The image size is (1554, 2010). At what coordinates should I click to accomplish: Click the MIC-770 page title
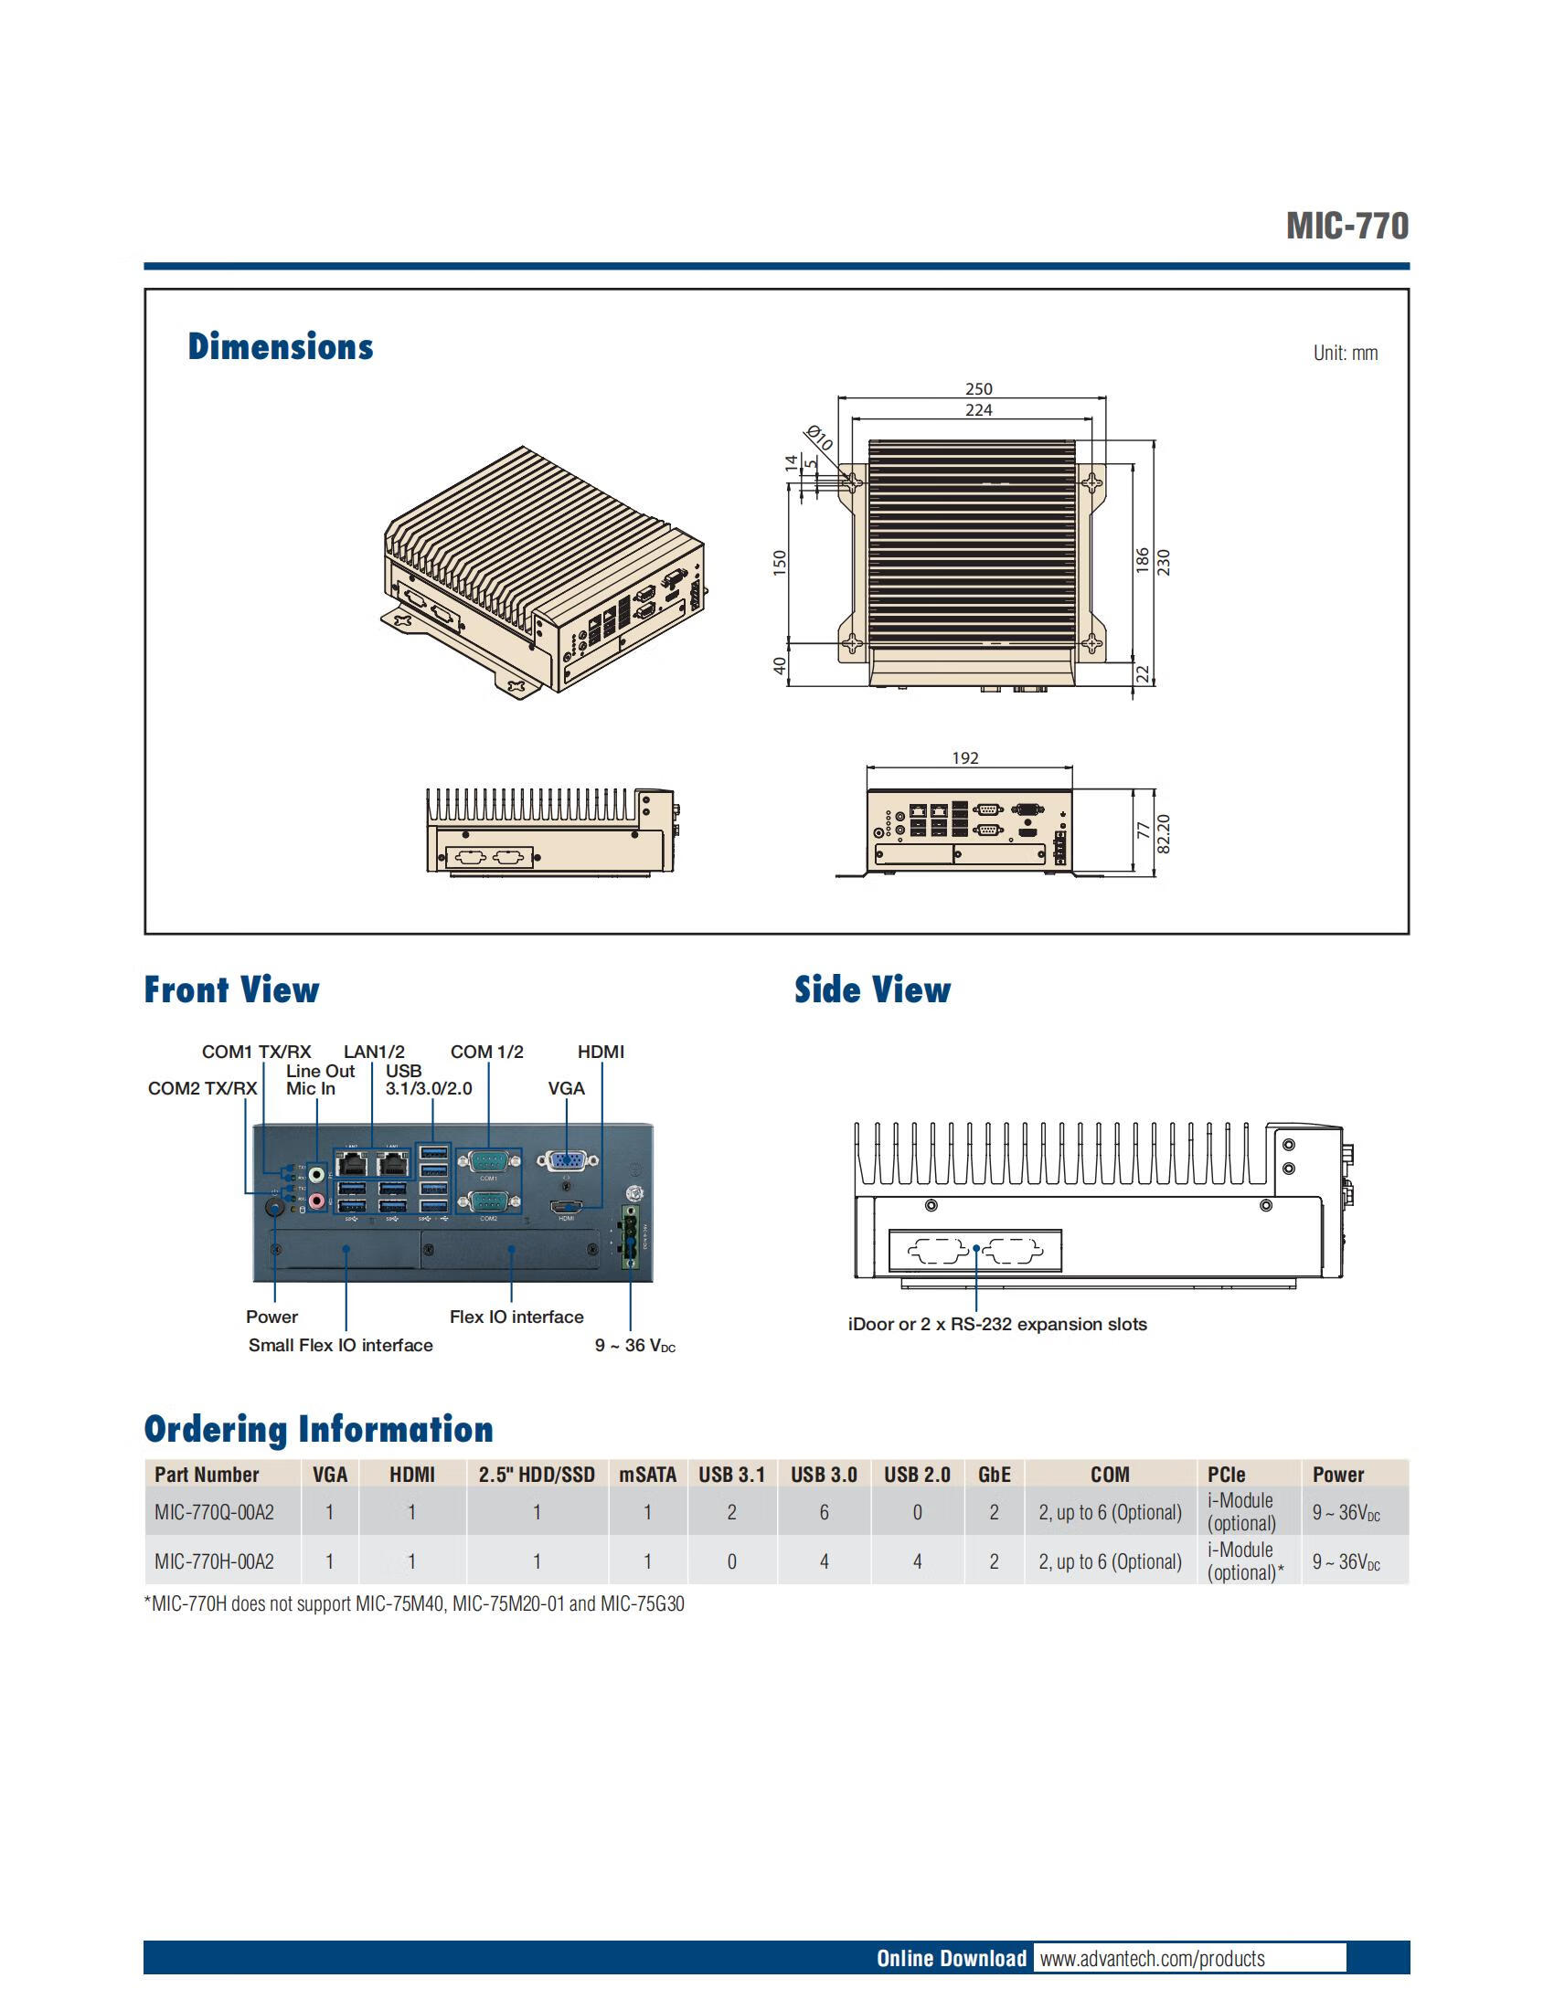click(x=1346, y=226)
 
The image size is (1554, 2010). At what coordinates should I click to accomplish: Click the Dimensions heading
click(x=281, y=347)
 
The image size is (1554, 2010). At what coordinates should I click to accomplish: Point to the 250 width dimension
click(x=979, y=389)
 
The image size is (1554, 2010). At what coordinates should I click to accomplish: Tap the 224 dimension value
click(x=979, y=410)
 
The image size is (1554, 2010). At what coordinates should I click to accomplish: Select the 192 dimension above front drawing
click(x=964, y=758)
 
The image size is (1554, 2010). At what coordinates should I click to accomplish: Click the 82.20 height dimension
click(x=1164, y=834)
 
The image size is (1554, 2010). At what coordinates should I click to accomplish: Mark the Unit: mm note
click(x=1345, y=354)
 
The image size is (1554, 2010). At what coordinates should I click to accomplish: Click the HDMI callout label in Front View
click(x=601, y=1052)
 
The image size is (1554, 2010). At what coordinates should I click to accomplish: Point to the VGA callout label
click(x=566, y=1089)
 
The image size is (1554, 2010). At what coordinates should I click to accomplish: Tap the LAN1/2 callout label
click(x=374, y=1052)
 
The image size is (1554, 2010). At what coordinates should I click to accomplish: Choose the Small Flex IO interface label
click(x=341, y=1346)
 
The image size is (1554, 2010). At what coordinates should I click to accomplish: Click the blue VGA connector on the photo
click(x=566, y=1161)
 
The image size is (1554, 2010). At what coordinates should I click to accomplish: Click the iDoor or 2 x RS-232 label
click(x=997, y=1325)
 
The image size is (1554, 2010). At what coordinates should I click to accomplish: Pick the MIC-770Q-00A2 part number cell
click(x=215, y=1512)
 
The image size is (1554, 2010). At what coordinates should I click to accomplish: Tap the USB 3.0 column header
click(x=824, y=1475)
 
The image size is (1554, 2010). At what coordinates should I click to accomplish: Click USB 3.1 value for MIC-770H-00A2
click(x=732, y=1561)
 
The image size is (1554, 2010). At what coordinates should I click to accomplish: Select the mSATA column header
click(x=647, y=1475)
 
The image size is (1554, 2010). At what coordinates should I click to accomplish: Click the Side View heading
click(x=873, y=990)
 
